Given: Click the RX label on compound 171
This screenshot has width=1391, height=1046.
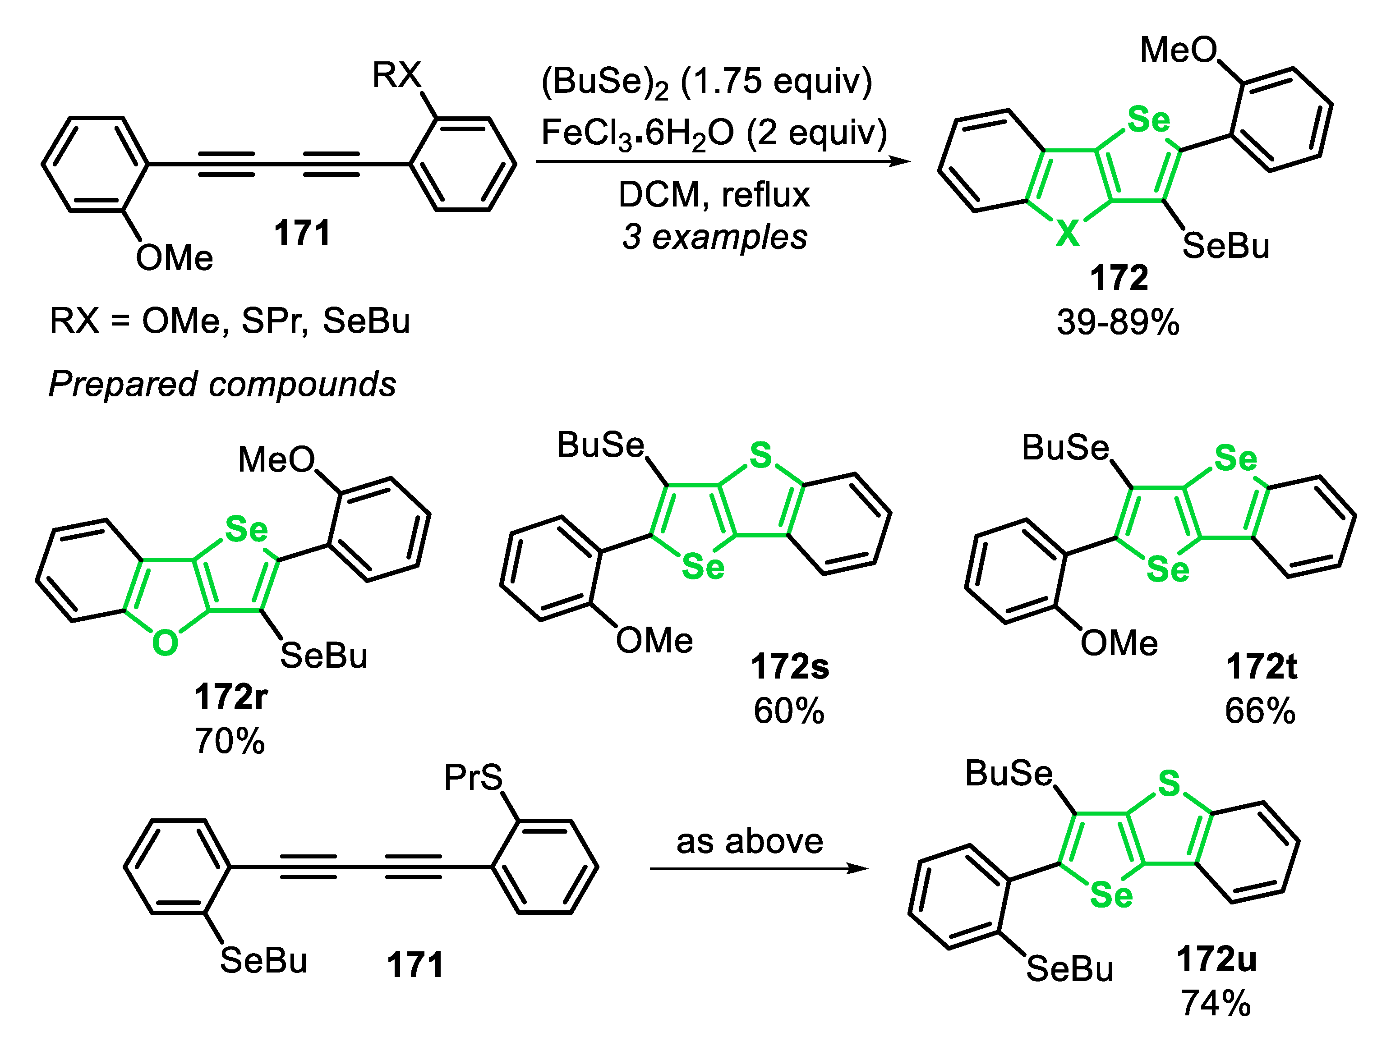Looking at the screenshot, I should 396,75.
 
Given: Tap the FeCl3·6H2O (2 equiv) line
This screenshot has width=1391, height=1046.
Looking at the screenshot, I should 714,134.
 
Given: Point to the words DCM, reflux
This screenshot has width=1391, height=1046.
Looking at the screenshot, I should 714,194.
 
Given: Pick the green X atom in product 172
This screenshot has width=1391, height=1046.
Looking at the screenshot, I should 1067,234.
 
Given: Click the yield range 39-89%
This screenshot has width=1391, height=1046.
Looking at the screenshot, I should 1118,322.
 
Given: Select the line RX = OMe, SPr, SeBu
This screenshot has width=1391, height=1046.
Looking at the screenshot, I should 230,321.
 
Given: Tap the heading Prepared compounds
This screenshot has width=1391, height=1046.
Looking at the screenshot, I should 222,384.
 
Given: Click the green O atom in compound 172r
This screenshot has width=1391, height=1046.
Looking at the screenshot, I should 165,642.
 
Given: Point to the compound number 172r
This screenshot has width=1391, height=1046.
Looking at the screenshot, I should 231,697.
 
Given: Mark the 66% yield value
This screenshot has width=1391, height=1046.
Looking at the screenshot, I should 1260,711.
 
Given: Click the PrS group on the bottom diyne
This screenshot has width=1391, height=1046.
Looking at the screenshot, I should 473,778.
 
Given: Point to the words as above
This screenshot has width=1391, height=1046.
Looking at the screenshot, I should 750,841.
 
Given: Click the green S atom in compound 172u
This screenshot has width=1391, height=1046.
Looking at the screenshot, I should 1169,783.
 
